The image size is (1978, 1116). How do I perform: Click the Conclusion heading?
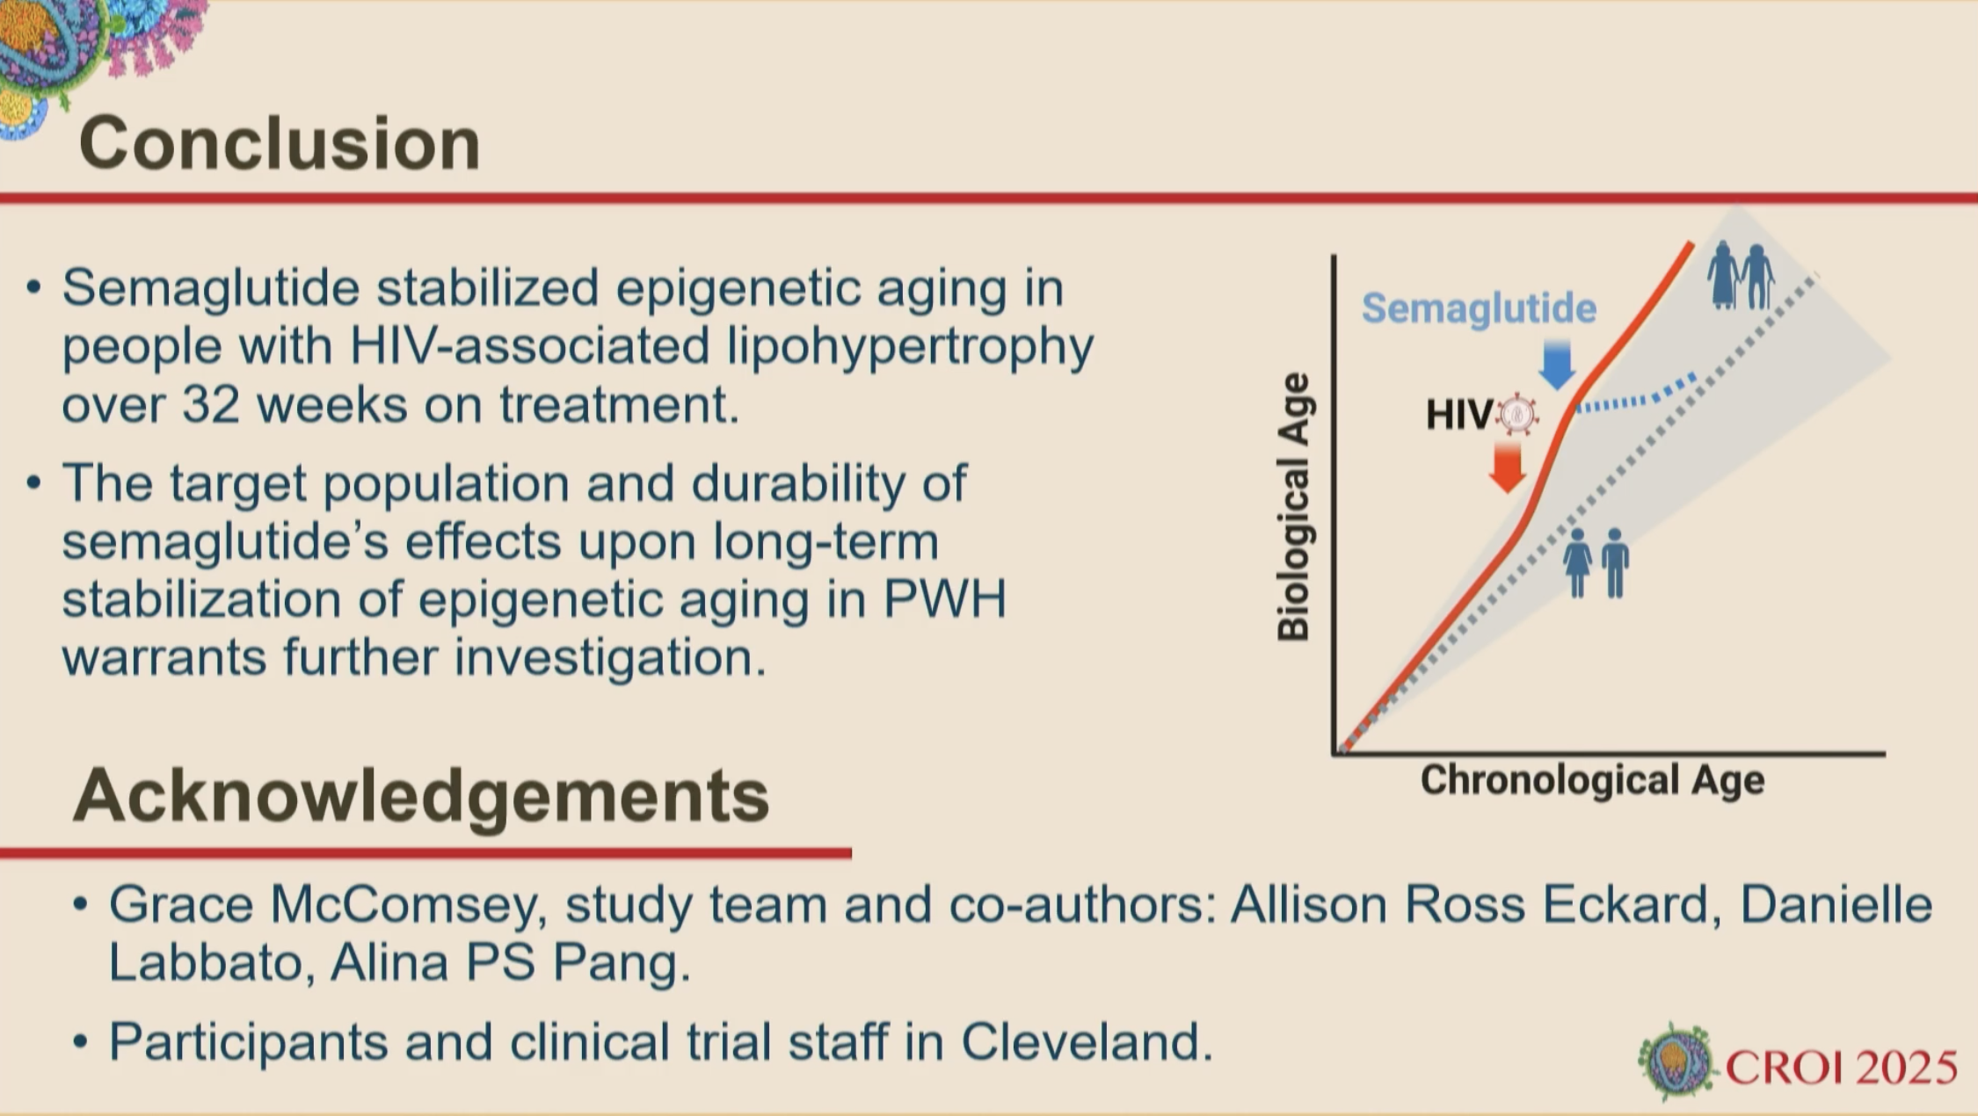pos(280,142)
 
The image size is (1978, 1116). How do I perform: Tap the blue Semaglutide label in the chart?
pos(1479,308)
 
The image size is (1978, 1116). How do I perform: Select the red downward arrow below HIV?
pos(1508,467)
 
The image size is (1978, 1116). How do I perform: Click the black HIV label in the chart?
pos(1459,415)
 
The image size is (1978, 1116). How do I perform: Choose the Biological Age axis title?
pos(1293,508)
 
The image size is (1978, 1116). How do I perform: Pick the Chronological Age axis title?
pos(1592,780)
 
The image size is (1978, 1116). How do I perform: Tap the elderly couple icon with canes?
pos(1741,275)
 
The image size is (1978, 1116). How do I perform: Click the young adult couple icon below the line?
pos(1596,563)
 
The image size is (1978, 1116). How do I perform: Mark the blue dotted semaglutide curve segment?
pos(1632,397)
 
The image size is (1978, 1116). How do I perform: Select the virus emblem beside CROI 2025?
pos(1676,1062)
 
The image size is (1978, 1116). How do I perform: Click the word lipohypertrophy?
pos(911,347)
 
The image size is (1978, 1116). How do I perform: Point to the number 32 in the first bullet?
pos(210,405)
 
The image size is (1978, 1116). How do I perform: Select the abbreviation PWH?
pos(944,599)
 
